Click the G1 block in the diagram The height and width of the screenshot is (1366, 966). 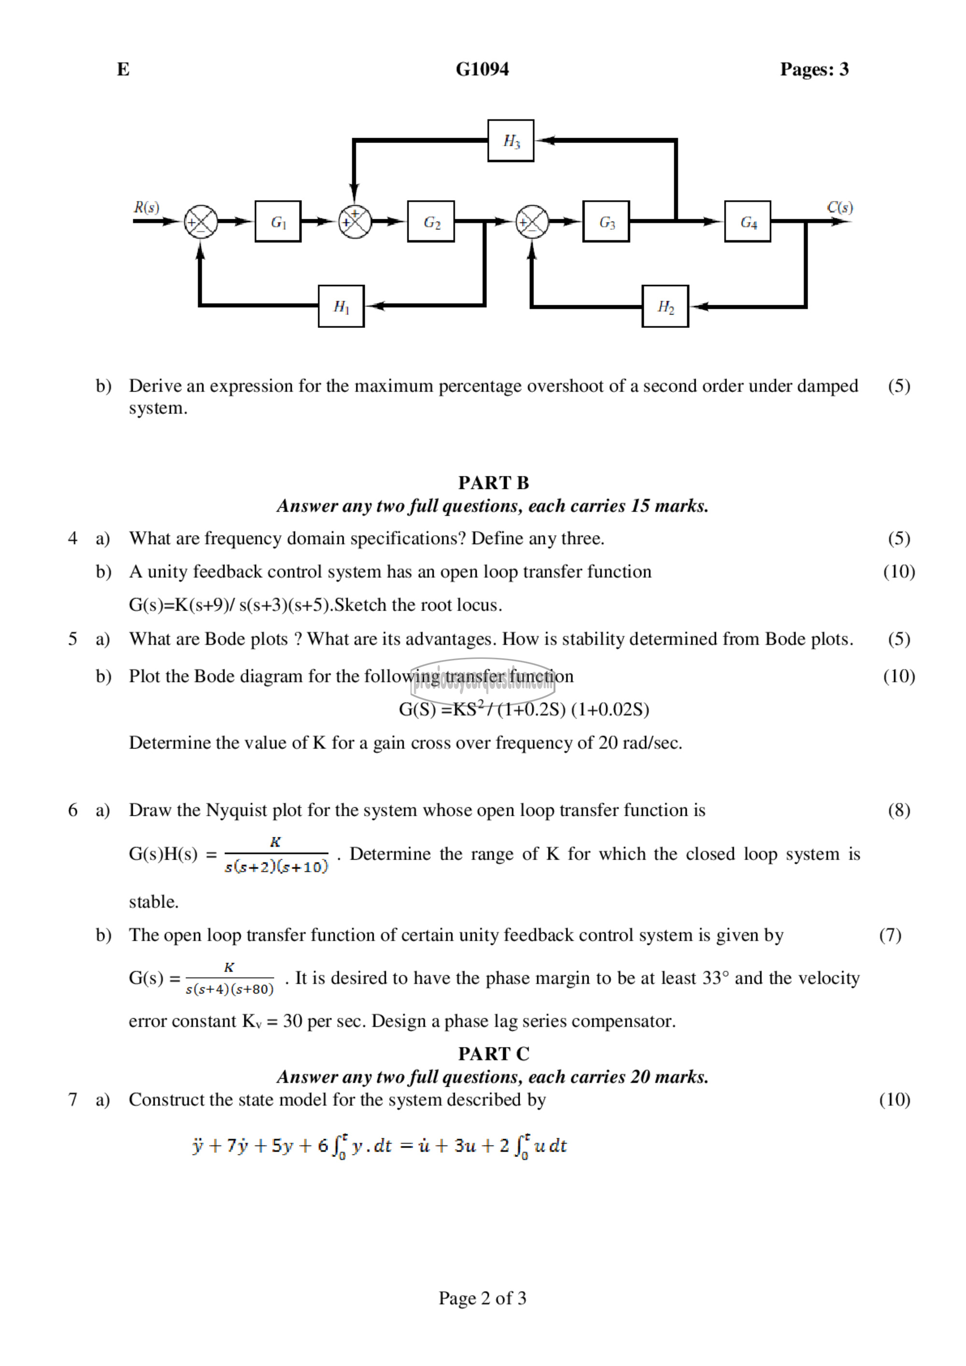pos(278,221)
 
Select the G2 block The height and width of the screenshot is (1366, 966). pos(431,221)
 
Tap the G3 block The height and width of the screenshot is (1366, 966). pos(606,221)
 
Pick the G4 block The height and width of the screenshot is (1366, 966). pos(747,221)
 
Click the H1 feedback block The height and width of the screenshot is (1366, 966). pos(341,306)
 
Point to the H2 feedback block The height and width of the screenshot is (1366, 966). pos(665,306)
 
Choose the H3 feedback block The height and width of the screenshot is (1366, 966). pos(511,141)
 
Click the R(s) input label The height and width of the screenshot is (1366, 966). pos(146,207)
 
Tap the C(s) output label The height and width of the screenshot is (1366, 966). pos(839,207)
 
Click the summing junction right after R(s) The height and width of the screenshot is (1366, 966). pos(200,221)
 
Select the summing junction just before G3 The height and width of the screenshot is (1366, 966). pos(532,221)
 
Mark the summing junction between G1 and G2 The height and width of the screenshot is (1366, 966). pos(355,221)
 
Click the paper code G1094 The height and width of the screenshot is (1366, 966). pos(482,69)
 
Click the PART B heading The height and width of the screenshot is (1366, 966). pos(493,483)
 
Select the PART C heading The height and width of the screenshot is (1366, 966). pos(493,1053)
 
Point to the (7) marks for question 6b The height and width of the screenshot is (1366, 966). pos(890,935)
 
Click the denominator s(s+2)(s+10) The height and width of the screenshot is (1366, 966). pos(276,867)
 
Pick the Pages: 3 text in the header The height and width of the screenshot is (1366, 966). pos(814,69)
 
